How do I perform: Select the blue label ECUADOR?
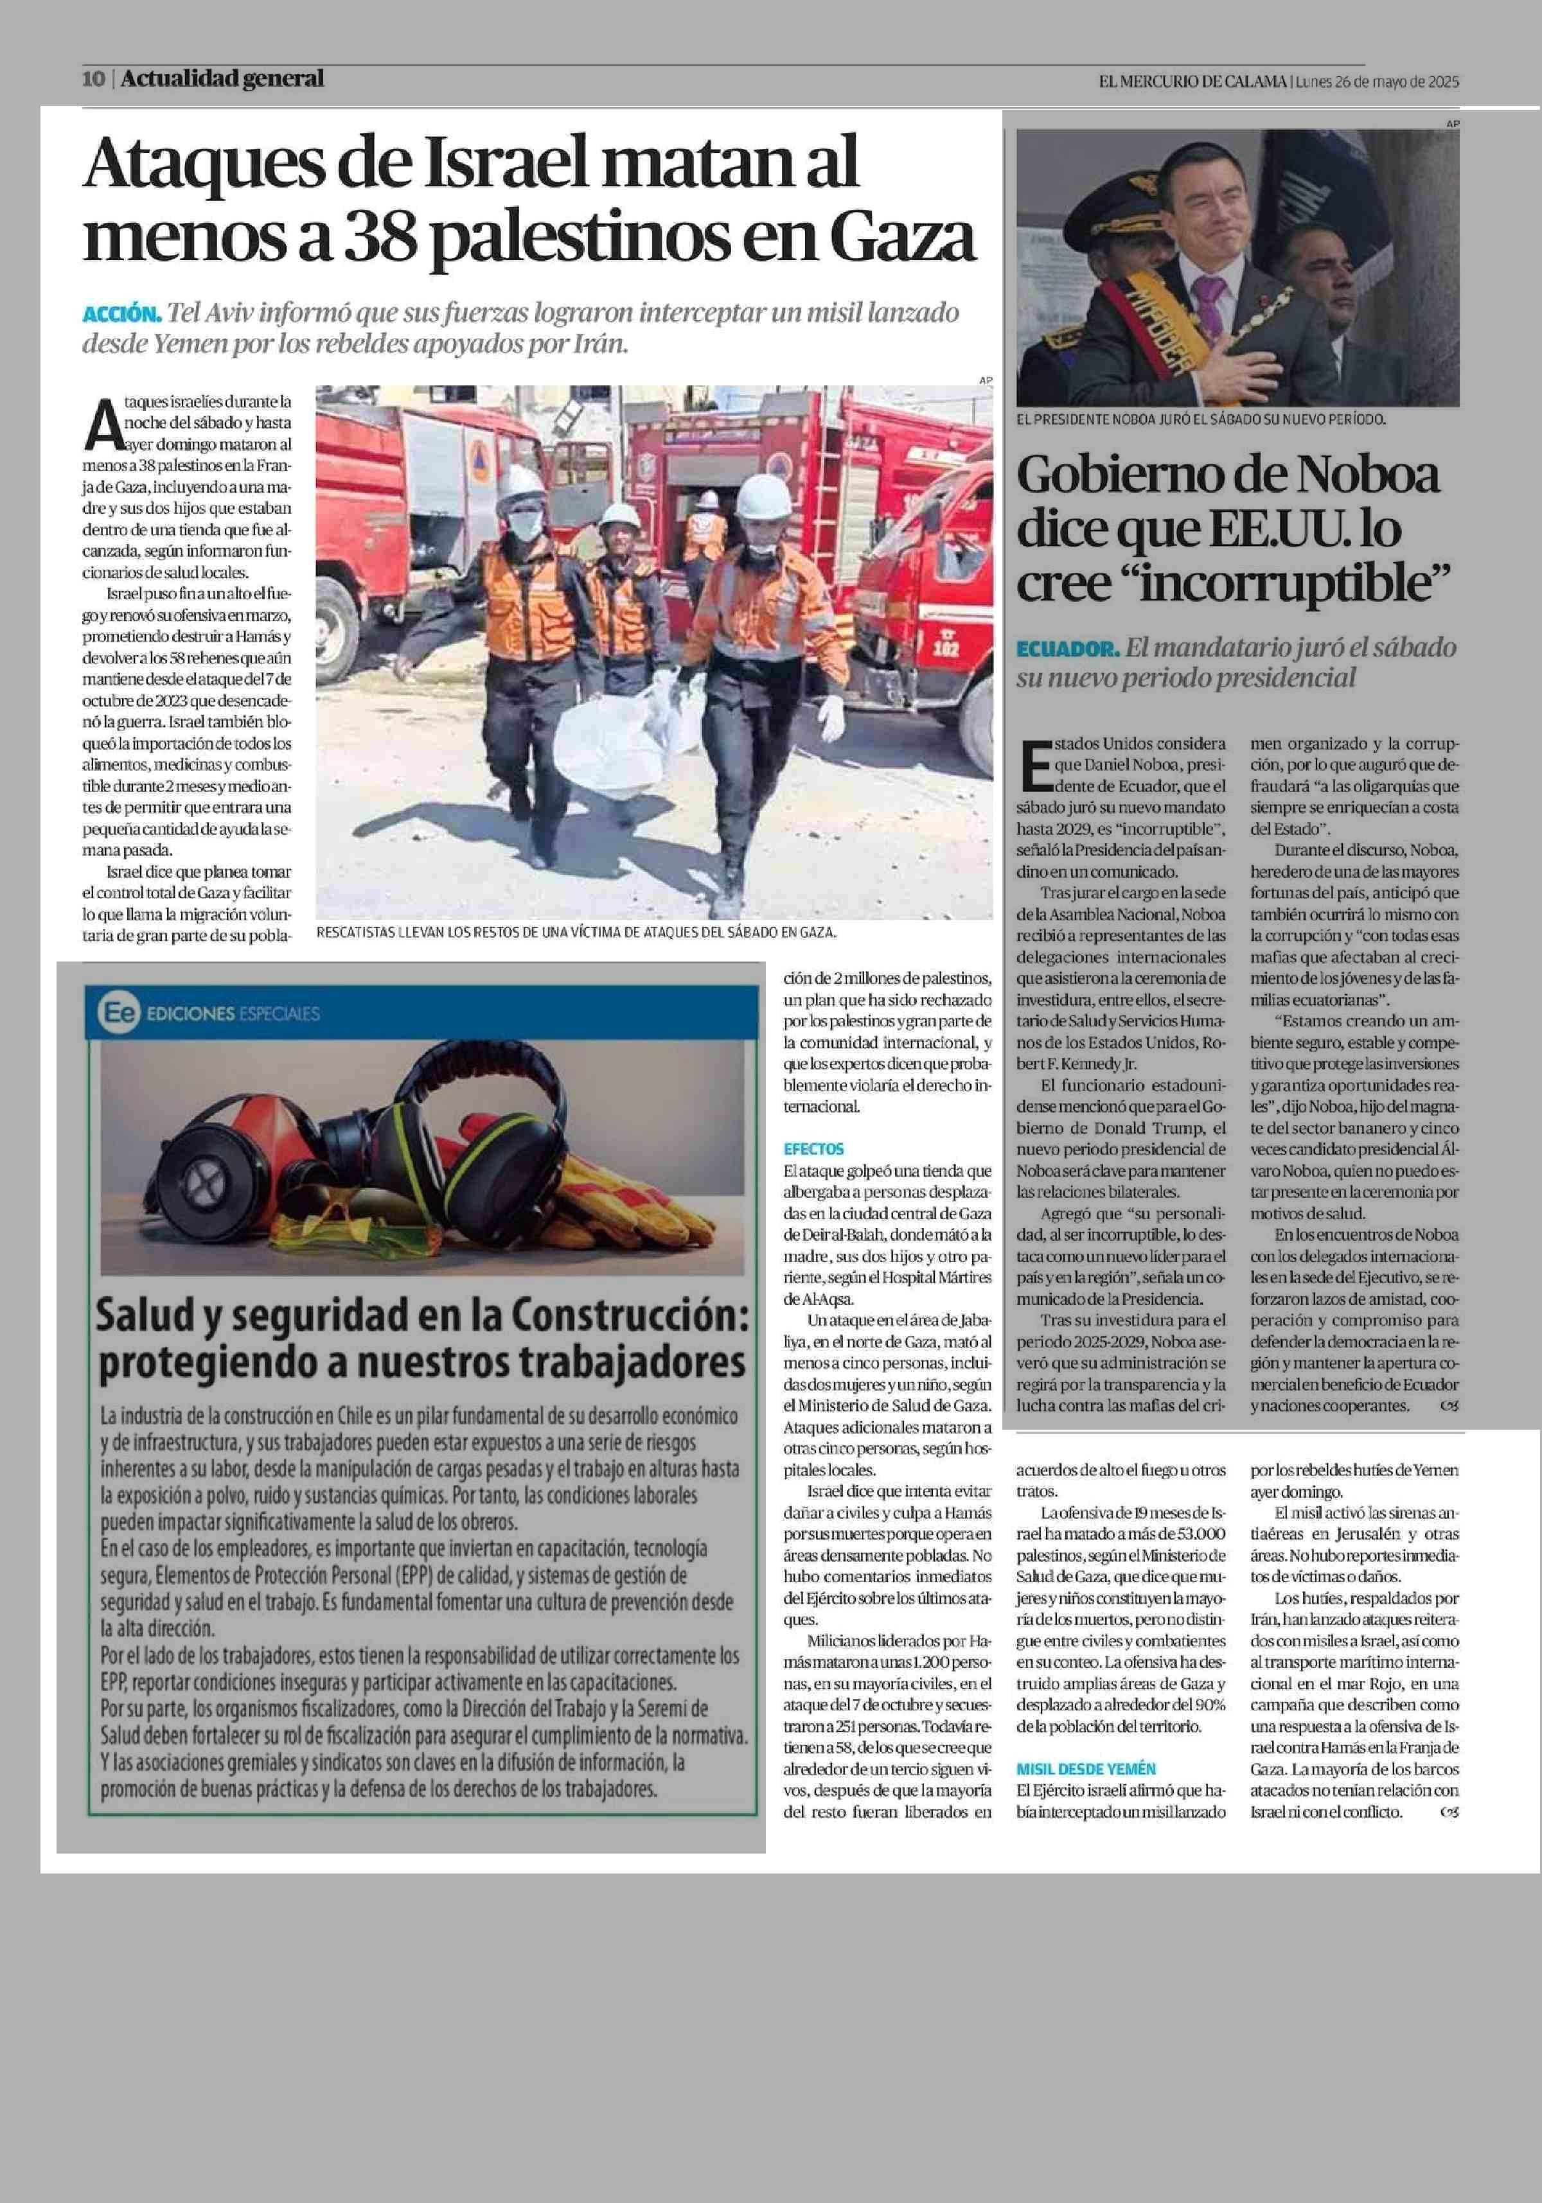[x=1067, y=649]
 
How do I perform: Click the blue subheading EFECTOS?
[x=813, y=1148]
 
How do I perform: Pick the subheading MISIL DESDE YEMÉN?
[x=1086, y=1768]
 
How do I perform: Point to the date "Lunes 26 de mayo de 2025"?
[x=1376, y=82]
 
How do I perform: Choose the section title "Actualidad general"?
[x=222, y=78]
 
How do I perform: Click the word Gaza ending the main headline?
[x=902, y=238]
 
